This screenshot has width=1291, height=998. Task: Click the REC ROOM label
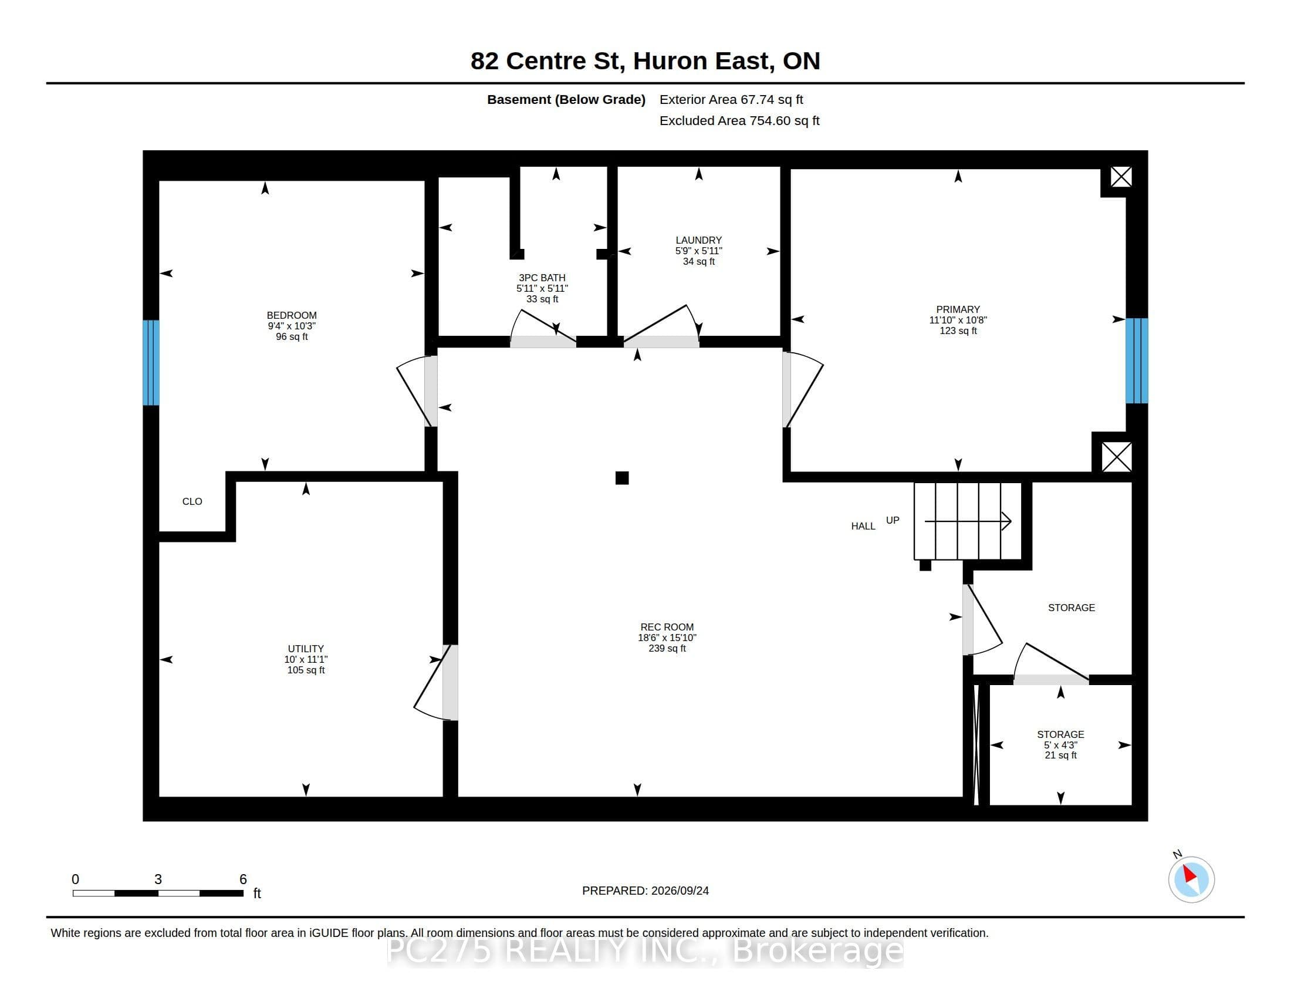click(667, 627)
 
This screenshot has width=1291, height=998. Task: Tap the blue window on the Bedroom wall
click(151, 362)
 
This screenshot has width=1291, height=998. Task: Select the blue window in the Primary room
click(1136, 360)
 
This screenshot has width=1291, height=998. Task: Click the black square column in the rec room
click(622, 478)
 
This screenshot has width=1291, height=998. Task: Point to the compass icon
click(1191, 879)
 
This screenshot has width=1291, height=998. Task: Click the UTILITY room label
click(306, 649)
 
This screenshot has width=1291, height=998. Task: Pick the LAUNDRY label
click(699, 240)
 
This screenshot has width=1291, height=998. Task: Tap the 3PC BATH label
click(542, 277)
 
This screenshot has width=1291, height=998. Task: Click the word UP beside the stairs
click(893, 520)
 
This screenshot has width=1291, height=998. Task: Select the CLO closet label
click(192, 501)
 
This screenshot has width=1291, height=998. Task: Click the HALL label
click(863, 526)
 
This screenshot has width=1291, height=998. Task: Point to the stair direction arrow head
click(1006, 521)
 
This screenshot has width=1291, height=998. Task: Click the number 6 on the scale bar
click(243, 879)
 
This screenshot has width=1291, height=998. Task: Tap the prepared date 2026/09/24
click(680, 891)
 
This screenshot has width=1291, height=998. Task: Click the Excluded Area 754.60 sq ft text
click(739, 120)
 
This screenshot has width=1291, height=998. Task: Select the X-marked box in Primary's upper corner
click(1121, 177)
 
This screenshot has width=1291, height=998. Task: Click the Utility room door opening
click(451, 682)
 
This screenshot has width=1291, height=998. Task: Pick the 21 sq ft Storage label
click(1060, 755)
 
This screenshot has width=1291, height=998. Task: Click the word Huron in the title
click(670, 61)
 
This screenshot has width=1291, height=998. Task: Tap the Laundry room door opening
click(661, 342)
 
